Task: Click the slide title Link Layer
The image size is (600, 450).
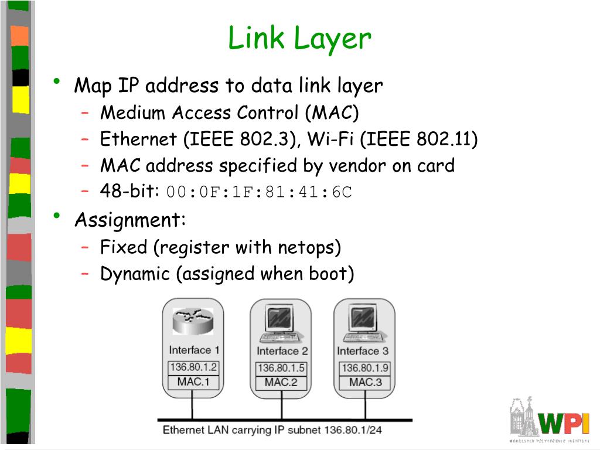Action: [299, 39]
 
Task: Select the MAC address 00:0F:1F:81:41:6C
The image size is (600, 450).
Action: [259, 192]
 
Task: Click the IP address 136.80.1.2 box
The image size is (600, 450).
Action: [193, 367]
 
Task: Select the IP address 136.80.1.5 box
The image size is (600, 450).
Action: [281, 368]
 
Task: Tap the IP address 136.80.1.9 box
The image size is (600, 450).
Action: [366, 368]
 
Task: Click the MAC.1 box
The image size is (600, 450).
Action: [193, 382]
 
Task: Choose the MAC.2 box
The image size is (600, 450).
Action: [281, 382]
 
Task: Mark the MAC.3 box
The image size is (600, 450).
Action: [366, 382]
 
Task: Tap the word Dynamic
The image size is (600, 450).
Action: [135, 274]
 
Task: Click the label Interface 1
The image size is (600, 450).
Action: [194, 350]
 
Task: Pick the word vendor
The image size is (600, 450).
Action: [356, 166]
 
